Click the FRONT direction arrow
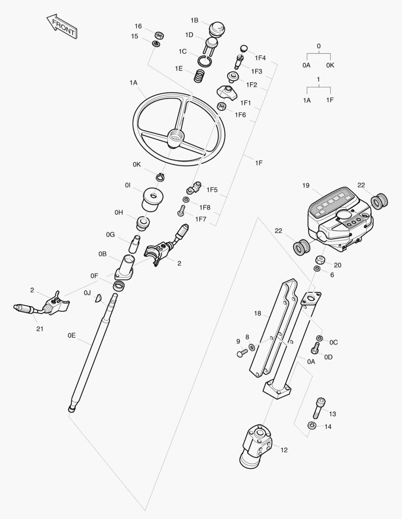61,26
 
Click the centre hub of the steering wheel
175,138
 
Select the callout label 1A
133,83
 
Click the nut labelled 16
159,35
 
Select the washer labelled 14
311,425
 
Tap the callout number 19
306,185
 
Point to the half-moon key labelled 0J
98,298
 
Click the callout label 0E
72,335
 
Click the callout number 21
39,329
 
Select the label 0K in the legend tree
330,65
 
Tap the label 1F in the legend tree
330,100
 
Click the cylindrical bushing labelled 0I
153,198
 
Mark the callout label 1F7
201,219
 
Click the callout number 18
258,313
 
